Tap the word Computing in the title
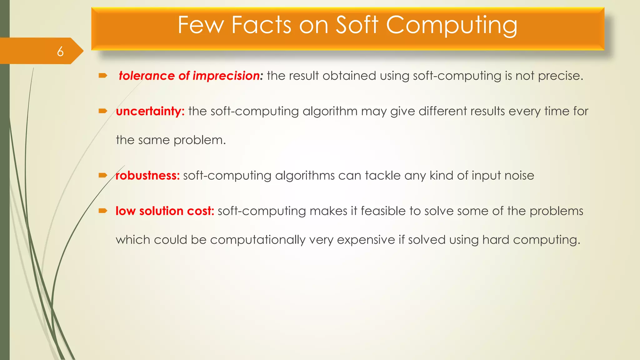[452, 26]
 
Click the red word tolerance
[147, 76]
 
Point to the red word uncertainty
[150, 111]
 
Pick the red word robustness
[147, 176]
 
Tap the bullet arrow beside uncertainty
[103, 111]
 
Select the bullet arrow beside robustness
[103, 175]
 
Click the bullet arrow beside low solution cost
[103, 211]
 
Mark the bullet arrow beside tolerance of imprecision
[103, 76]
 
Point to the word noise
[519, 176]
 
